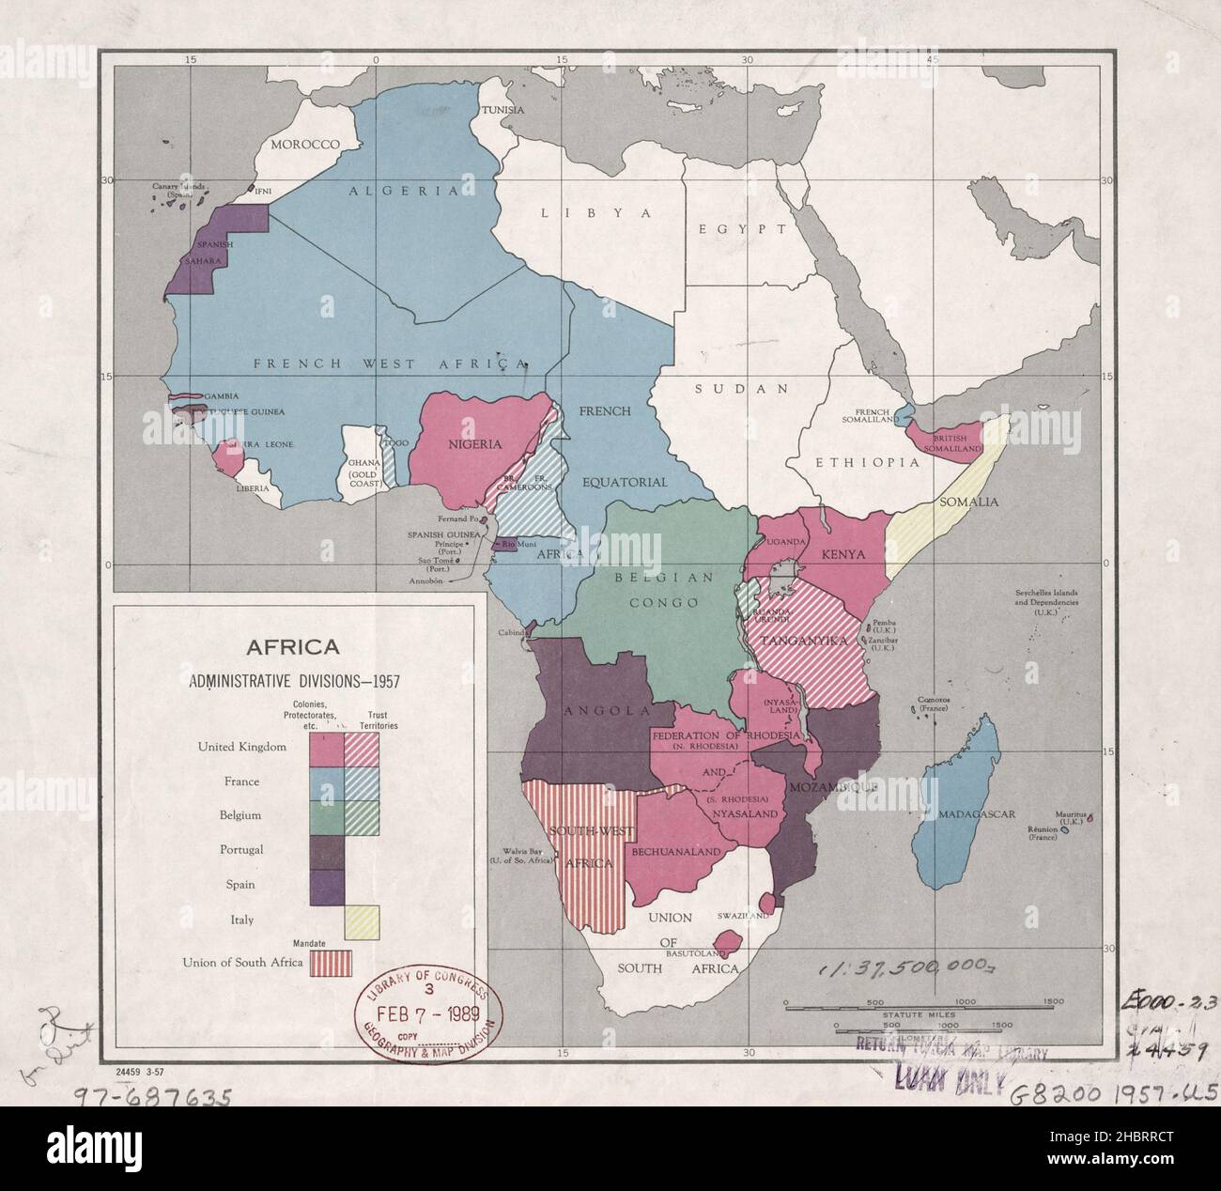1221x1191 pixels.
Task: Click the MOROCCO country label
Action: pyautogui.click(x=303, y=144)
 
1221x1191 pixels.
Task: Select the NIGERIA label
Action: pyautogui.click(x=474, y=444)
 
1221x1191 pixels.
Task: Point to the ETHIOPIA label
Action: pyautogui.click(x=866, y=463)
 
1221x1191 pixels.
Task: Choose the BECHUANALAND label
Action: pyautogui.click(x=676, y=851)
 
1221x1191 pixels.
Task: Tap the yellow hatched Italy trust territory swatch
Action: pyautogui.click(x=363, y=920)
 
